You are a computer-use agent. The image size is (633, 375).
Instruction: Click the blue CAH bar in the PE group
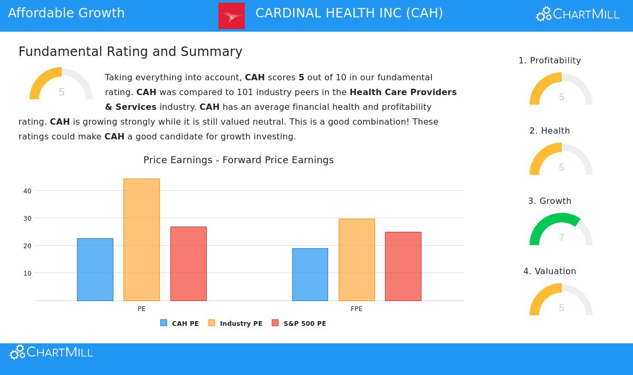tap(95, 269)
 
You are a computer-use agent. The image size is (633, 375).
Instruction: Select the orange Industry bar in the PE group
tap(141, 240)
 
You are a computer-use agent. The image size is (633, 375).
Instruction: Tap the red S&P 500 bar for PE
tap(188, 264)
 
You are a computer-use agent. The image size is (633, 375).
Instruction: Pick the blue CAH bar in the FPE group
tap(310, 275)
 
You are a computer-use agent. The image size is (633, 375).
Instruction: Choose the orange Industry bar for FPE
tap(357, 260)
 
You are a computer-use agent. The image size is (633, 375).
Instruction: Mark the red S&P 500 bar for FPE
tap(403, 266)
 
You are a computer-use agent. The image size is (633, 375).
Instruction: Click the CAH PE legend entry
tap(180, 323)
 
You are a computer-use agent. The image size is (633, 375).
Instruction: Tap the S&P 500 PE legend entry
tap(299, 323)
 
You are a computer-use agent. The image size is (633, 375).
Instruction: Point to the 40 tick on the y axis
tap(27, 191)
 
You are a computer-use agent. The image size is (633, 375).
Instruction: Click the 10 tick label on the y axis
tap(27, 273)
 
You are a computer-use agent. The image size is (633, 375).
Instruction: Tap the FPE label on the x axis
tap(357, 309)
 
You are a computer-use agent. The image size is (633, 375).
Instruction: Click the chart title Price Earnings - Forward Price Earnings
tap(238, 160)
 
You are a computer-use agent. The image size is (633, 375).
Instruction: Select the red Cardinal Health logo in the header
tap(232, 16)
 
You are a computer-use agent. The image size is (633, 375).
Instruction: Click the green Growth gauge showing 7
tap(561, 229)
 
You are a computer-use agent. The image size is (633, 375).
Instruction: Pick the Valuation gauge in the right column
tap(561, 299)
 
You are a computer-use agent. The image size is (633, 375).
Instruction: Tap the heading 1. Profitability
tap(550, 61)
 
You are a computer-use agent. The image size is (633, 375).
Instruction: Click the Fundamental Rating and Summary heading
tap(130, 52)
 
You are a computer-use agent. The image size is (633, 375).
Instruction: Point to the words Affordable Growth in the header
tap(66, 13)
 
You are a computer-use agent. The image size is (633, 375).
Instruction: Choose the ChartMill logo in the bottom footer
tap(52, 352)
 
